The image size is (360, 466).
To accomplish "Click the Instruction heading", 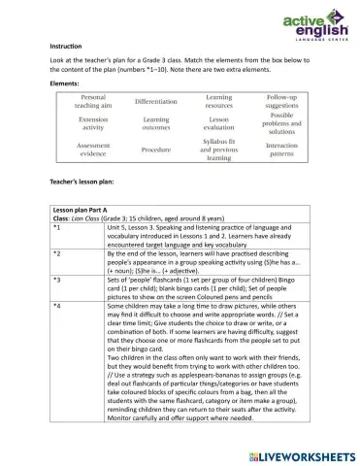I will pos(67,47).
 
